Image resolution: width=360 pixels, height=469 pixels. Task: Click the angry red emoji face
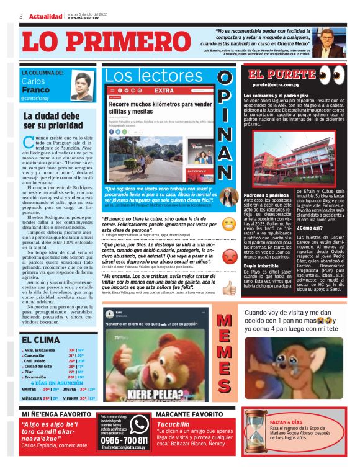click(x=229, y=256)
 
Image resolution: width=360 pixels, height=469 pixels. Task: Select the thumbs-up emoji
click(x=229, y=287)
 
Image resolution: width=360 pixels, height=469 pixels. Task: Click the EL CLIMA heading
click(x=41, y=339)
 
